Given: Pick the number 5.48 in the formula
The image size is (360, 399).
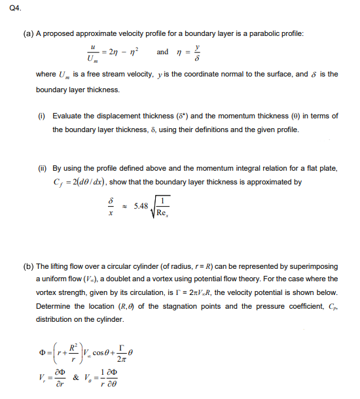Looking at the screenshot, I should [143, 207].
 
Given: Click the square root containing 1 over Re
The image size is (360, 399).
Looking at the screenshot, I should [163, 207].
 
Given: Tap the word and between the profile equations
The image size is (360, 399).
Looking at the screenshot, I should [162, 52].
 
